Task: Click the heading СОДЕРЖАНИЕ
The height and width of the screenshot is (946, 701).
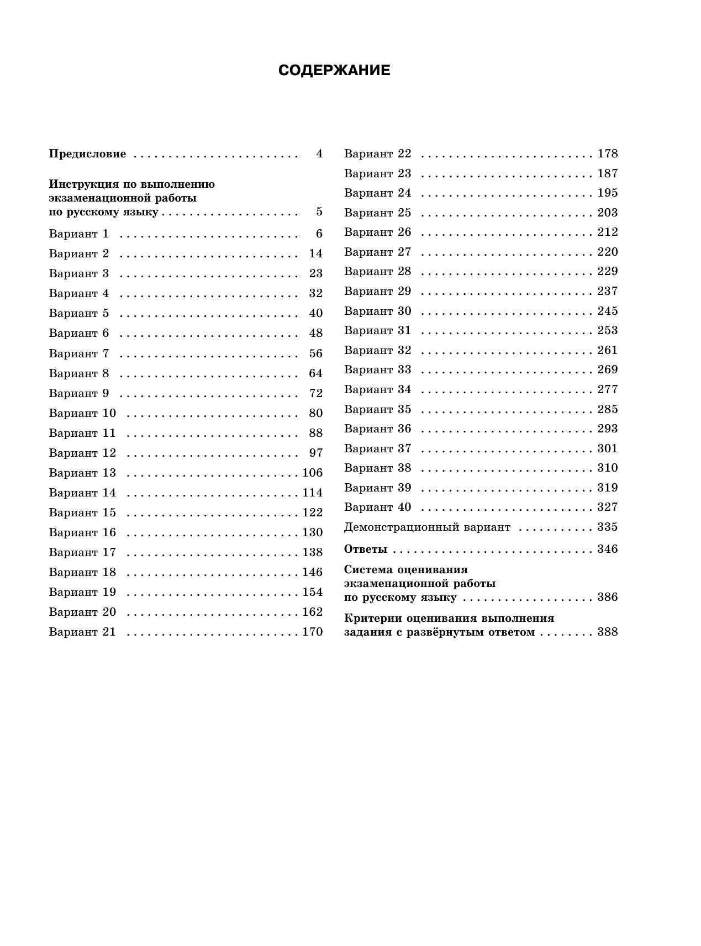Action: [334, 71]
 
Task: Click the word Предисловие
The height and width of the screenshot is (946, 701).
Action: [87, 154]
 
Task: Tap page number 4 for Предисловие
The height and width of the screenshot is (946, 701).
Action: [319, 154]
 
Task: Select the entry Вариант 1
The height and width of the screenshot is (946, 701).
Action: [79, 234]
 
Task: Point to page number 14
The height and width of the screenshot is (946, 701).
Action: [316, 253]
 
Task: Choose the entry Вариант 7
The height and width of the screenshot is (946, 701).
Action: [79, 353]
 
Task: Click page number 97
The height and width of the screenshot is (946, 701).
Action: [316, 453]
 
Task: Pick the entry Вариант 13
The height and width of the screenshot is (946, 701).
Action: [82, 473]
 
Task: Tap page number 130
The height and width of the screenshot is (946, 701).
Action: [313, 532]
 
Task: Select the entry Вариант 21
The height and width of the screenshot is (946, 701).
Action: [82, 632]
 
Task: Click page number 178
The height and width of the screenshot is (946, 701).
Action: [608, 154]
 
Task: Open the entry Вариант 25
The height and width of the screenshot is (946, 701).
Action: [378, 213]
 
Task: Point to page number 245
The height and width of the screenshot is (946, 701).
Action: [608, 311]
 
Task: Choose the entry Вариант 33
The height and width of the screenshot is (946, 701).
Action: [378, 369]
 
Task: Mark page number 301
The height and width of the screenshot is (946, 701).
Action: [608, 448]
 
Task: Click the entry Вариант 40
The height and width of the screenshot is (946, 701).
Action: [378, 507]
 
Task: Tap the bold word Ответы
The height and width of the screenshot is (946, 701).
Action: [366, 549]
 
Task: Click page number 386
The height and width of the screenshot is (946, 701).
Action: [608, 598]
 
